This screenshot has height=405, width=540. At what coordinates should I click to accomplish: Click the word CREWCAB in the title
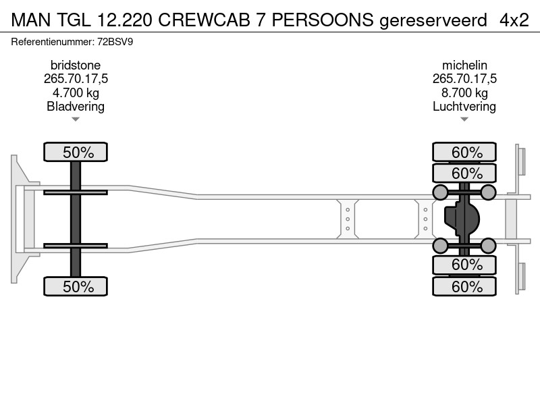coord(204,20)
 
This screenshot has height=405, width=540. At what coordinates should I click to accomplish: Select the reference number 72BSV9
coord(115,42)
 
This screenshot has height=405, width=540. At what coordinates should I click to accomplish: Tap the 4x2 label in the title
coord(514,20)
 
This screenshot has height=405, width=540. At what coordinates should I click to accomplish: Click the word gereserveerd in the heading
coord(433,21)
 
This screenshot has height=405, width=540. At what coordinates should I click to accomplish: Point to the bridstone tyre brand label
coord(76,65)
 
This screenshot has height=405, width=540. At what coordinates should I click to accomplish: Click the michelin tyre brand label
coord(464,65)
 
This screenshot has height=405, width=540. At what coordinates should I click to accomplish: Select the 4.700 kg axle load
coord(76,92)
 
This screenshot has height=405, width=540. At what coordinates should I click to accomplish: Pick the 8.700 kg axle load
coord(464,92)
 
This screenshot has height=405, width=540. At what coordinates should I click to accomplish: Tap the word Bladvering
coord(76,107)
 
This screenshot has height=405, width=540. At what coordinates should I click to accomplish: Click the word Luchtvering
coord(464,107)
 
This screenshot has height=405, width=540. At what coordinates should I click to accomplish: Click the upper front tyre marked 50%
coord(76,152)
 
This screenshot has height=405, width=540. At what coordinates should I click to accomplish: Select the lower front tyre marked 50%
coord(76,286)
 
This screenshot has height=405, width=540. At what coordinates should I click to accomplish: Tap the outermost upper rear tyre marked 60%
coord(464,152)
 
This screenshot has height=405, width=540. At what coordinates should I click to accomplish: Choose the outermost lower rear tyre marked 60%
coord(464,286)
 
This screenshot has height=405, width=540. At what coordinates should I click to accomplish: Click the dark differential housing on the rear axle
coord(462,219)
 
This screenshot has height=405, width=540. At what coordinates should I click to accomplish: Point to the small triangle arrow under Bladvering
coord(76,119)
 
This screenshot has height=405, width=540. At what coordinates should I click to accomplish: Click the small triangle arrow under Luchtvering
coord(464,119)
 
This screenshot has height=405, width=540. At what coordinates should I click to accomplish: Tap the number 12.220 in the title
coord(124,20)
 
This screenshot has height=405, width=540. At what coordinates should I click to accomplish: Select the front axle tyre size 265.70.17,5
coord(76,79)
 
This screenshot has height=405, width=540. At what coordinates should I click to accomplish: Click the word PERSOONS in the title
coord(323,20)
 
